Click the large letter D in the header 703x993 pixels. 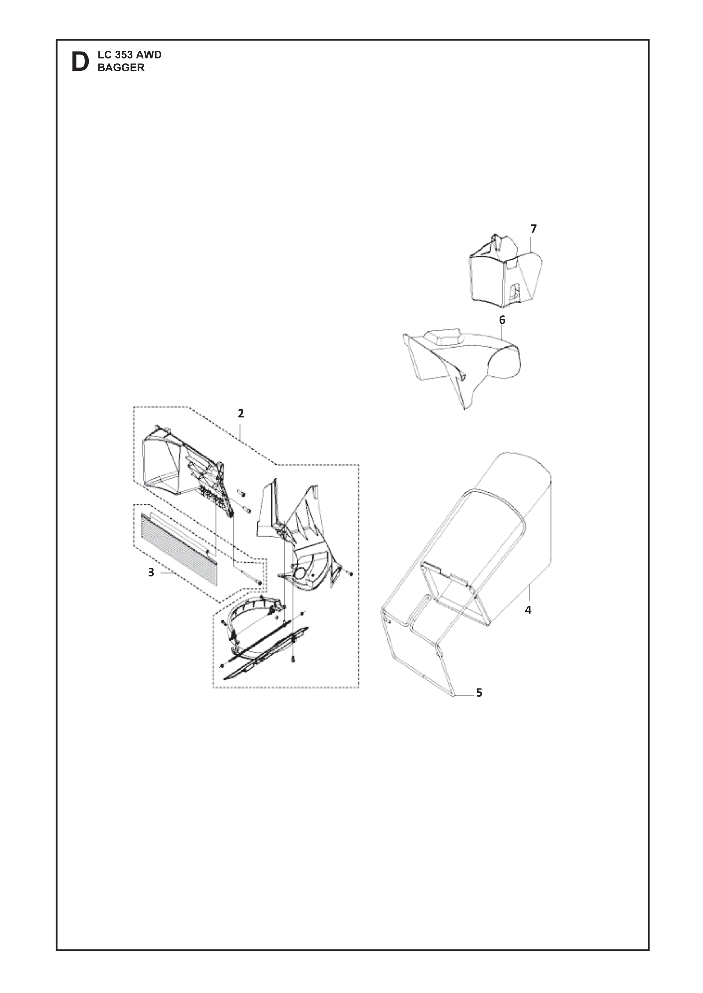[80, 62]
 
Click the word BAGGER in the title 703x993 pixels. [121, 68]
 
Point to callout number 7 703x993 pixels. [533, 229]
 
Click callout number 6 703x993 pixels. [502, 320]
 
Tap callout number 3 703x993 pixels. [151, 572]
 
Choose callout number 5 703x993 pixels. [479, 693]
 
